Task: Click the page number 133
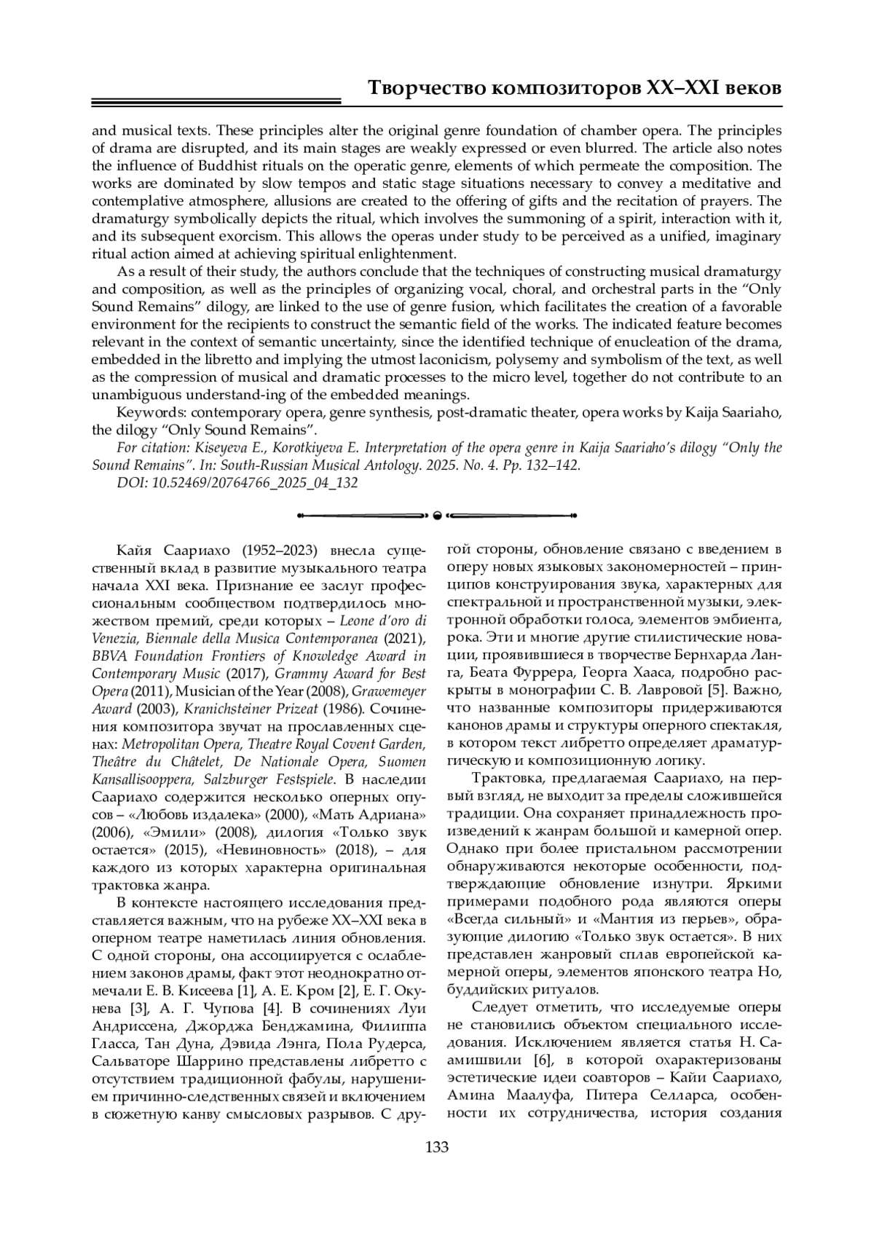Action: [x=436, y=1148]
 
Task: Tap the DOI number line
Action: [x=237, y=483]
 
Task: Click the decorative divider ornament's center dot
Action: [x=437, y=516]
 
